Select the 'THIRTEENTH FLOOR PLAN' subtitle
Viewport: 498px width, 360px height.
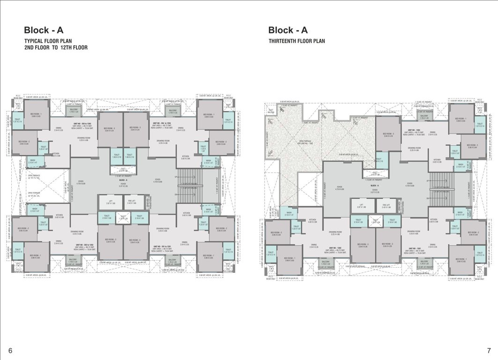297,41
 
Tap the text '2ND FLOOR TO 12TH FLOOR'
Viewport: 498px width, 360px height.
56,48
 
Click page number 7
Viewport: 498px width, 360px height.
489,350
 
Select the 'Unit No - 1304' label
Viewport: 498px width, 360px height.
415,130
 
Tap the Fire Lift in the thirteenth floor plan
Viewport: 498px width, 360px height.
386,206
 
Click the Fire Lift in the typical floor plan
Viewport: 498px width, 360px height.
132,202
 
